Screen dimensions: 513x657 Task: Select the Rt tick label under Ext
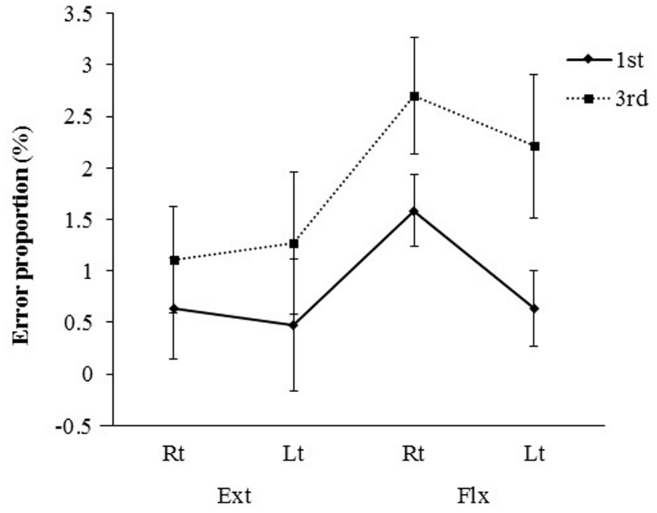[x=174, y=454]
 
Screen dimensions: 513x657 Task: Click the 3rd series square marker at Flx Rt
[x=415, y=96]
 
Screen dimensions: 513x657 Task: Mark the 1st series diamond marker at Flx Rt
[x=415, y=211]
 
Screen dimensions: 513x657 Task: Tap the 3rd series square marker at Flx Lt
[x=535, y=146]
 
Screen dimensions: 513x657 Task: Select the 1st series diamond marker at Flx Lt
[x=535, y=308]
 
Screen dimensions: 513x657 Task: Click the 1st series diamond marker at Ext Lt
[x=294, y=325]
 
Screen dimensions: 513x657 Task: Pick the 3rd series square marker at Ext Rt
[x=174, y=260]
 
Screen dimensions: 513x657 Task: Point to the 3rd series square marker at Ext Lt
[x=294, y=244]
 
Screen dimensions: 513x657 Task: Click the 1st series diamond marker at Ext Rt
[x=174, y=308]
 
